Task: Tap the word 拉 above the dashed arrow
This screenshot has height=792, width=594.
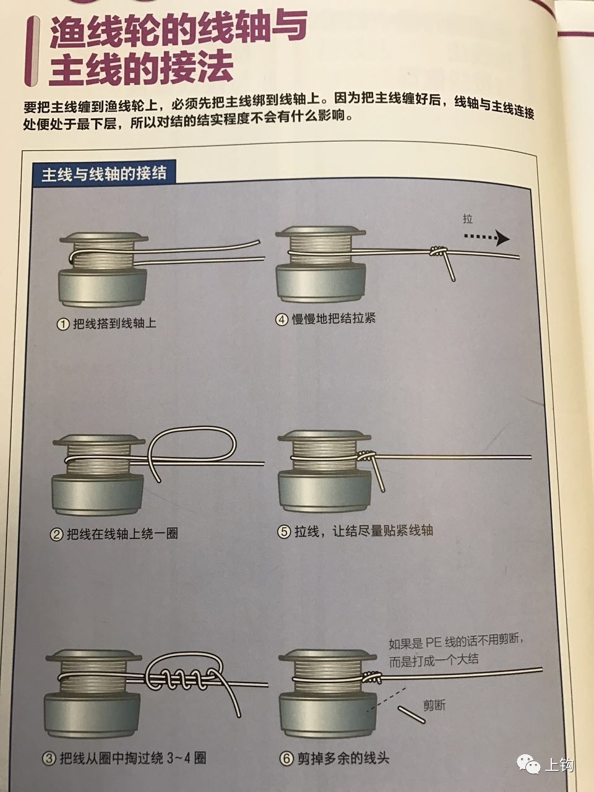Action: pyautogui.click(x=468, y=219)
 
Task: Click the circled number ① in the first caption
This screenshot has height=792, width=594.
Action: pyautogui.click(x=62, y=324)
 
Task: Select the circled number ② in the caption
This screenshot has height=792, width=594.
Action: pyautogui.click(x=56, y=533)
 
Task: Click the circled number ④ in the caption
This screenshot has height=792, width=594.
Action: pyautogui.click(x=282, y=320)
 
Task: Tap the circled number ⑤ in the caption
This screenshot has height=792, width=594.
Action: pyautogui.click(x=285, y=532)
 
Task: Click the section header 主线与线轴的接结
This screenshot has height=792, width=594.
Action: pyautogui.click(x=104, y=173)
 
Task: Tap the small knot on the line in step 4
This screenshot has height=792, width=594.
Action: pyautogui.click(x=437, y=252)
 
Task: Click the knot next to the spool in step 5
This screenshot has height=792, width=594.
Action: pyautogui.click(x=367, y=457)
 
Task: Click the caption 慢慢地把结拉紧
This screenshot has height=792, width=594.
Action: pyautogui.click(x=334, y=319)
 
